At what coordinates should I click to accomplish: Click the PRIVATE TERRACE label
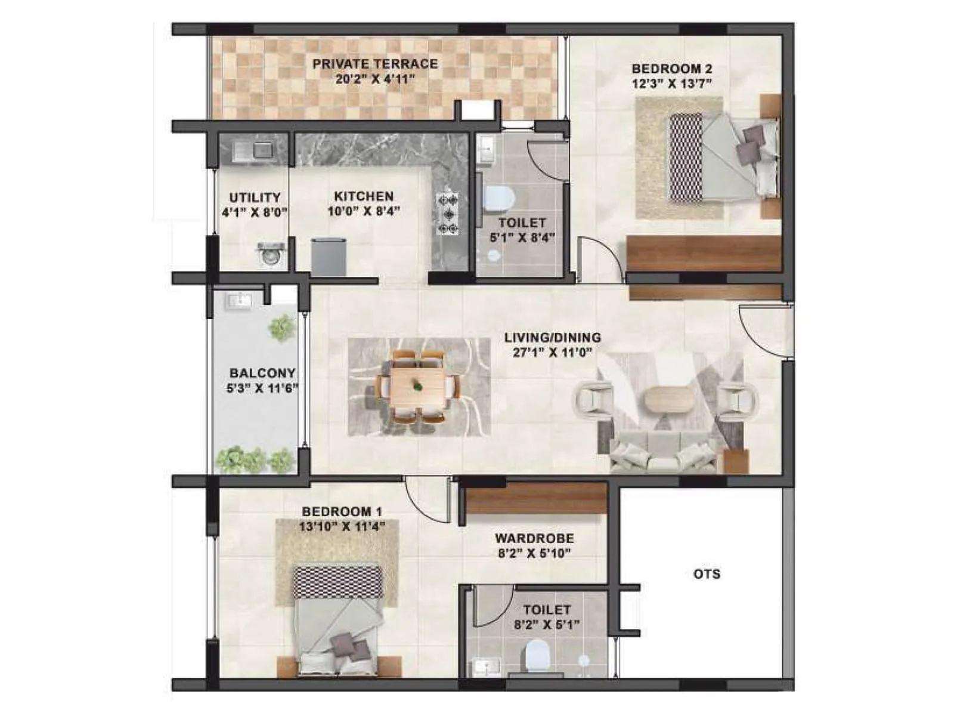(375, 64)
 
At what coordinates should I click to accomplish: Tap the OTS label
(707, 574)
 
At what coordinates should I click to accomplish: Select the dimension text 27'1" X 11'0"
(552, 353)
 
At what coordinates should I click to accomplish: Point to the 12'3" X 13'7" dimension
(672, 84)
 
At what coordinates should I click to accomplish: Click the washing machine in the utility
(270, 255)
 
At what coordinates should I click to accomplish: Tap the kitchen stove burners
(448, 214)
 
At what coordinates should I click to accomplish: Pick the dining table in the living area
(418, 387)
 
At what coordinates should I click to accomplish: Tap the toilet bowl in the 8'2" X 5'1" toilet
(538, 655)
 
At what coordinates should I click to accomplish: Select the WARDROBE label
(534, 538)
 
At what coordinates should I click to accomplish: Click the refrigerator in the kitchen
(329, 257)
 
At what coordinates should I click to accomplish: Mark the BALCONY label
(262, 373)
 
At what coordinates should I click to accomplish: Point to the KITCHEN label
(364, 196)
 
